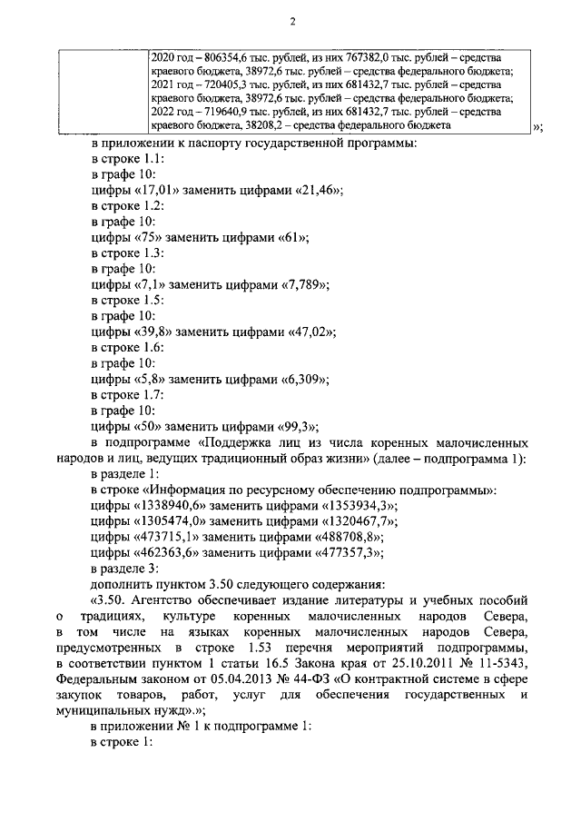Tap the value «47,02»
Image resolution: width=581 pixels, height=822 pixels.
310,332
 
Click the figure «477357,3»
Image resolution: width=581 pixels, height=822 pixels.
346,552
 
